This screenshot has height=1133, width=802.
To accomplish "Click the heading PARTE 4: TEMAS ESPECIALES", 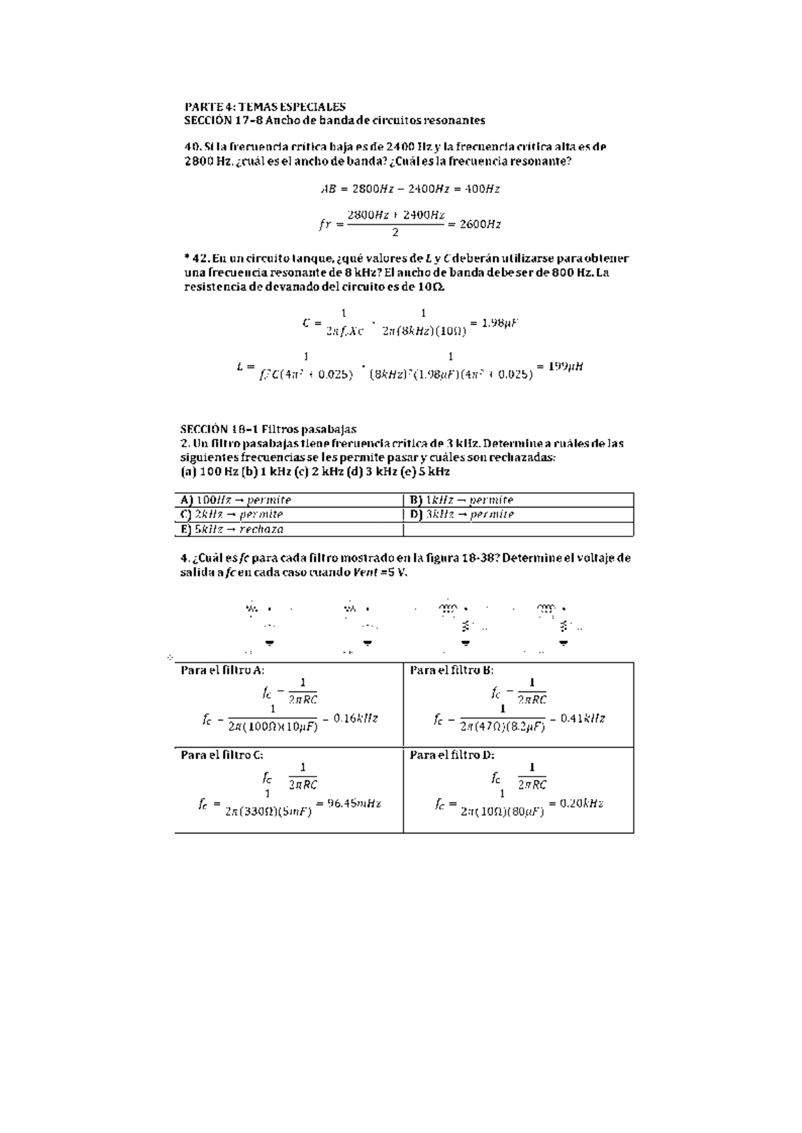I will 265,107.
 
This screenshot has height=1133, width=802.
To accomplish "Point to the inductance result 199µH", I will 565,366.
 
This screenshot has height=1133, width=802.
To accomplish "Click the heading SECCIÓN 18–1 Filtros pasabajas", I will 268,429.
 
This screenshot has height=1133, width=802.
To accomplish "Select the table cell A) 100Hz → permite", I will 236,500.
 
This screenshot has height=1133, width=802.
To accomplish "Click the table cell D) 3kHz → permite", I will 461,515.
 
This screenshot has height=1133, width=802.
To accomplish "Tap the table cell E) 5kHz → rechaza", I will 232,529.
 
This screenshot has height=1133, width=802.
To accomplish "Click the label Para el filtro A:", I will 222,670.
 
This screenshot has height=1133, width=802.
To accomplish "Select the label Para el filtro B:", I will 452,670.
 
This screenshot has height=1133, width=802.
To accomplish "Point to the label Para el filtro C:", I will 222,755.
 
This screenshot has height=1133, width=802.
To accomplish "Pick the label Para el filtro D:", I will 452,755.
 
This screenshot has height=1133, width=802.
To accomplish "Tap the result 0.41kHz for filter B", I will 583,718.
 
